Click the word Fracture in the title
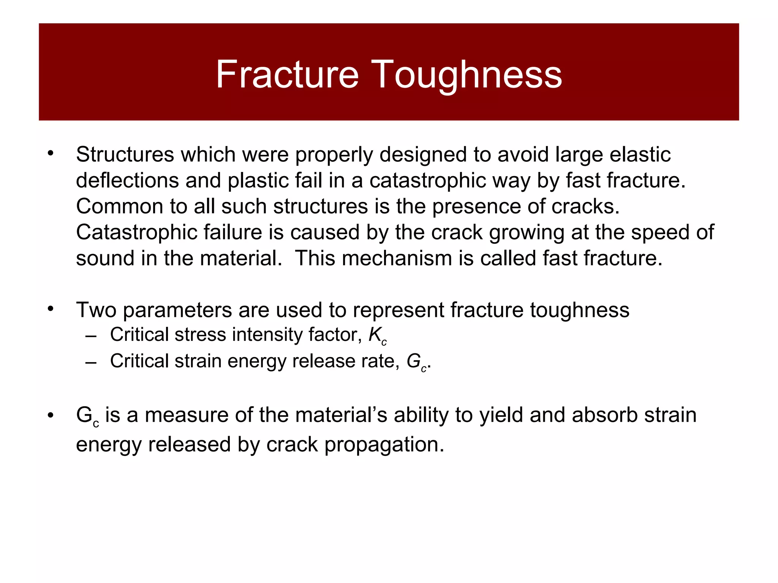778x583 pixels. [x=287, y=74]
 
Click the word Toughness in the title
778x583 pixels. [x=466, y=74]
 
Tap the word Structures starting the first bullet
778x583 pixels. [x=125, y=154]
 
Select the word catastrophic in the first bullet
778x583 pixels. [x=428, y=180]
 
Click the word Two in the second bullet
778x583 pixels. [x=96, y=310]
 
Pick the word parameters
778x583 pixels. [x=177, y=310]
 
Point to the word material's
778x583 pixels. [x=341, y=415]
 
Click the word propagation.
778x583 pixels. [x=384, y=445]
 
